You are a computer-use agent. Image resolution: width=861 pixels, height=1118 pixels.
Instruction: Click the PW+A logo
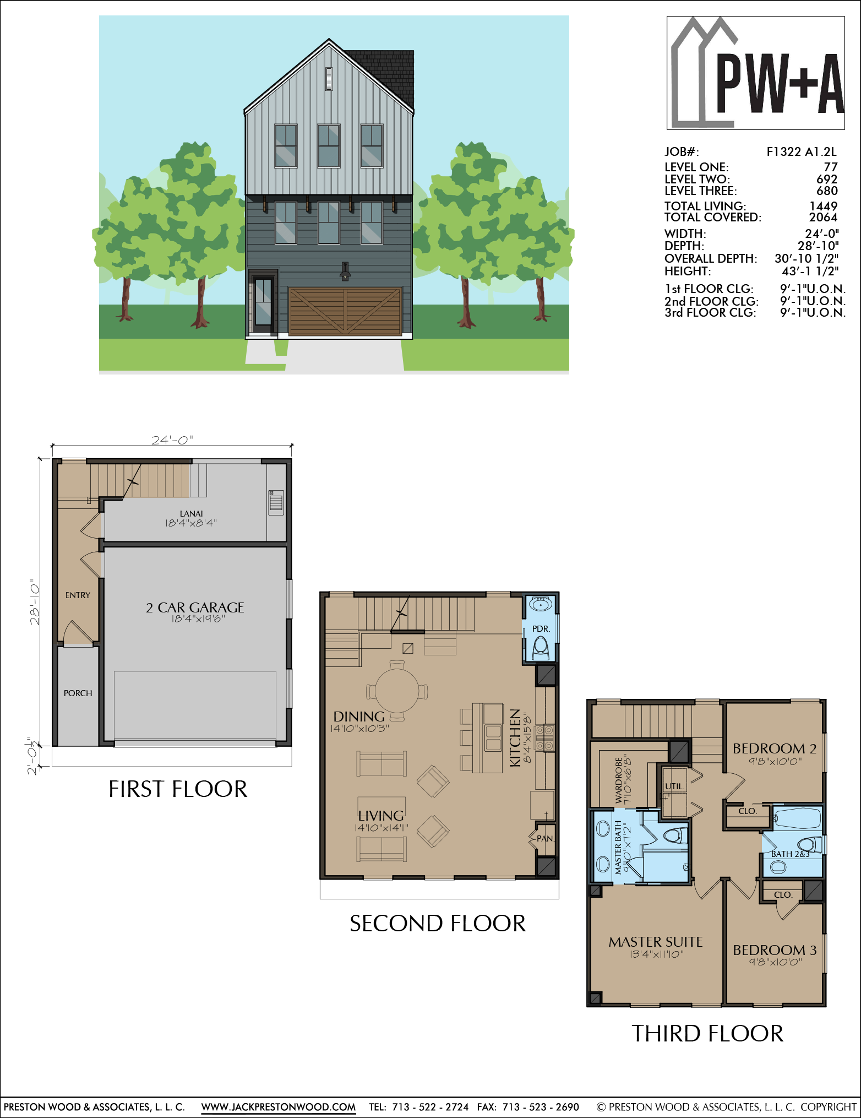tap(756, 73)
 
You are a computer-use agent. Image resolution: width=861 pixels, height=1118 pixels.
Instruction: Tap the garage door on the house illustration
tap(345, 311)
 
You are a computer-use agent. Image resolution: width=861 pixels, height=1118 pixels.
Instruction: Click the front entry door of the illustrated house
tap(263, 302)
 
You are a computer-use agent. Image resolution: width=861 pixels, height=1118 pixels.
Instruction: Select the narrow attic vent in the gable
tap(329, 79)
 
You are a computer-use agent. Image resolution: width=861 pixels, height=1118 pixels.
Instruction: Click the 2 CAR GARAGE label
tap(195, 607)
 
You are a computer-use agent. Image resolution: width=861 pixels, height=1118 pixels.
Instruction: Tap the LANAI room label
tap(191, 513)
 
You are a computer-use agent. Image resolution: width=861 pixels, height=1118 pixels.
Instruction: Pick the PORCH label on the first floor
tap(78, 693)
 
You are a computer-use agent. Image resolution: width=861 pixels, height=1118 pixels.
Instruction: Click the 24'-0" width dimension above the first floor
tap(172, 439)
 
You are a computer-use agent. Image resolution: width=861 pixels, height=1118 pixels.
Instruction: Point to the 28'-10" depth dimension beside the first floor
tap(35, 601)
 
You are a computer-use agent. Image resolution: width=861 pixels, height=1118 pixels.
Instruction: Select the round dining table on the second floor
tap(397, 691)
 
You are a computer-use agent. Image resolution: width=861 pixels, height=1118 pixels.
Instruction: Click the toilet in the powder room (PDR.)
tap(541, 648)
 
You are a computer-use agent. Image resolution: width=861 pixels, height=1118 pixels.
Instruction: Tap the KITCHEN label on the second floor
tap(515, 737)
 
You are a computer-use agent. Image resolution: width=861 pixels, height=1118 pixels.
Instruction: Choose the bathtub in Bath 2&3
tap(798, 818)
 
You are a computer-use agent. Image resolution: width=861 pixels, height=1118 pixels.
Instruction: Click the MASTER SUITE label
tap(656, 942)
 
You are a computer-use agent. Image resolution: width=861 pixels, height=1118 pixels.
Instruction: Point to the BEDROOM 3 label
tap(775, 950)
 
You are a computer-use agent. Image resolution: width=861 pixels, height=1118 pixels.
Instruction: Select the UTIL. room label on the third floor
tap(674, 786)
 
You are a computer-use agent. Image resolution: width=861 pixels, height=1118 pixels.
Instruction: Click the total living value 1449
tap(824, 206)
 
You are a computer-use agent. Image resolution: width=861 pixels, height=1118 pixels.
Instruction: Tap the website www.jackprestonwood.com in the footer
tap(279, 1107)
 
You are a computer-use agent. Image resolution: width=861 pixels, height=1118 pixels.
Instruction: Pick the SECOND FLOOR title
tap(438, 924)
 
